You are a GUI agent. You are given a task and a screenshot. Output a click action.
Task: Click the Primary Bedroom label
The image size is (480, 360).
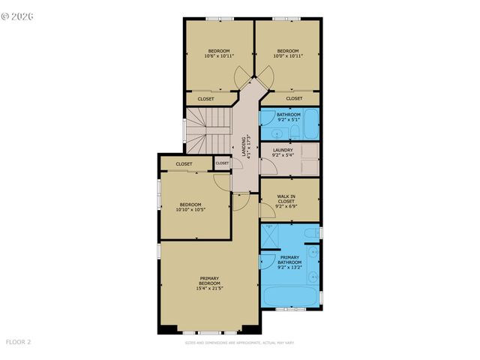[209, 280]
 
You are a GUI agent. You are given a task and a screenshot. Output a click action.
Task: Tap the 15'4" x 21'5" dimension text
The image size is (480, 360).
[209, 287]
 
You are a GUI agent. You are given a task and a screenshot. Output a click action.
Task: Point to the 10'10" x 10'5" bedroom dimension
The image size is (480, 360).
[190, 209]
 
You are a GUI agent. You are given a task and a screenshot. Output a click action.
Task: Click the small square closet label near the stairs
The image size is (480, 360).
[222, 163]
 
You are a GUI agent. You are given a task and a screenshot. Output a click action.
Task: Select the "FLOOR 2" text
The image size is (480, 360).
[18, 342]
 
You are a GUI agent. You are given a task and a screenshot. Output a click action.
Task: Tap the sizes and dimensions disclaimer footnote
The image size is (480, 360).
[240, 343]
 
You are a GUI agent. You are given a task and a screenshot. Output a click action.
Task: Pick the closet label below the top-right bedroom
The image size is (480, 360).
[294, 98]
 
